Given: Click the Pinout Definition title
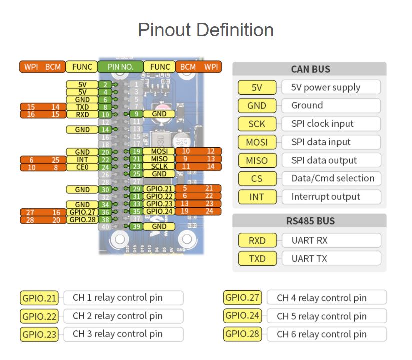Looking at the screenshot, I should [206, 30].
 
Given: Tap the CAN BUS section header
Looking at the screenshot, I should [310, 69].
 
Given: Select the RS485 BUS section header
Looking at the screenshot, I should [310, 221].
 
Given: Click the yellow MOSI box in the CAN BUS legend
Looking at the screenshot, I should [257, 142].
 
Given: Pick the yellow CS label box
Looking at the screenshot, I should [257, 178].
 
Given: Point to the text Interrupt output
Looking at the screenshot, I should [326, 197].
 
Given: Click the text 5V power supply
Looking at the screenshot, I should [326, 87].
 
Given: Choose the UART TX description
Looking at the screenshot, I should [310, 258].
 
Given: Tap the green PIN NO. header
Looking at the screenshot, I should [120, 67].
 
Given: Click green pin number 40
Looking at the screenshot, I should [105, 227].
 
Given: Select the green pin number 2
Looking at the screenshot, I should [105, 85].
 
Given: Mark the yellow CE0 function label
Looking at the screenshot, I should [82, 167].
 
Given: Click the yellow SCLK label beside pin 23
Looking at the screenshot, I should [159, 166].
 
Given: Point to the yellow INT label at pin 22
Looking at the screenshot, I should [82, 160].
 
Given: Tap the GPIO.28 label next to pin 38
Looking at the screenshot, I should [82, 220].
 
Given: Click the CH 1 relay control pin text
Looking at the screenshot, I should [117, 298].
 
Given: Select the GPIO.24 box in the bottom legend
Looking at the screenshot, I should [243, 316].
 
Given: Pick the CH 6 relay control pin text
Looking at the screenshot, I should [322, 334].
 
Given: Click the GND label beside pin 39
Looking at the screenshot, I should [159, 227].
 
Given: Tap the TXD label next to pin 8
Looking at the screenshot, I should [82, 107].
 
